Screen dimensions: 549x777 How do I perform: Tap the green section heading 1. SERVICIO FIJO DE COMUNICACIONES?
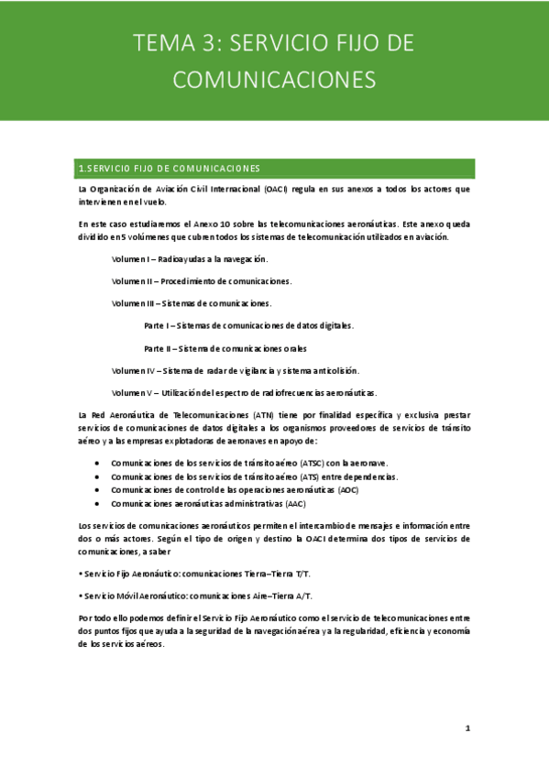point(170,169)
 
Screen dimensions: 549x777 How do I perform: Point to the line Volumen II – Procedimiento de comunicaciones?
point(201,281)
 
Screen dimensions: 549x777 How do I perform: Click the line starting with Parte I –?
point(248,325)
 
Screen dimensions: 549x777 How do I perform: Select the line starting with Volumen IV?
point(235,370)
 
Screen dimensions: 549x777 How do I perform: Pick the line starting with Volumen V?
point(244,392)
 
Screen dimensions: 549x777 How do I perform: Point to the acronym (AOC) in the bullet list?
point(348,490)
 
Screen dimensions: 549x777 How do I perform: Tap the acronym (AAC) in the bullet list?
point(295,504)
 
